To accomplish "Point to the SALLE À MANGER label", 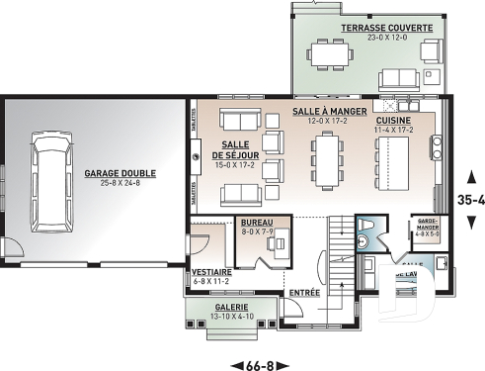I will (329, 112).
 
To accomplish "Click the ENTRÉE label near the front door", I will (304, 294).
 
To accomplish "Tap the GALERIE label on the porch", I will (230, 307).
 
